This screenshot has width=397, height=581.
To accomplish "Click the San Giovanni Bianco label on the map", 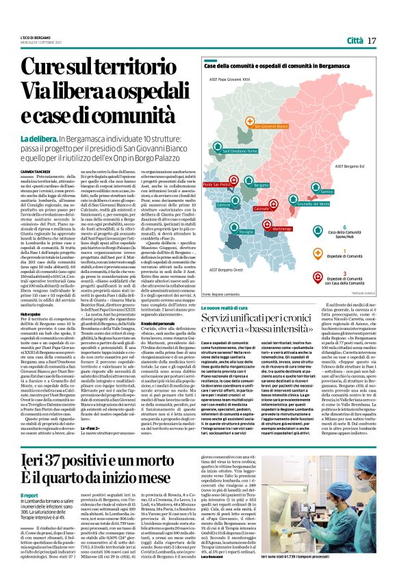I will [272, 127].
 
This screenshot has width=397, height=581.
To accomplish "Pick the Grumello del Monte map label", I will [314, 204].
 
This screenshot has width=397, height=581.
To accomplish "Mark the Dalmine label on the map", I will [224, 205].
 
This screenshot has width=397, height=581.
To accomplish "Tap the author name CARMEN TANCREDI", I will [34, 152].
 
